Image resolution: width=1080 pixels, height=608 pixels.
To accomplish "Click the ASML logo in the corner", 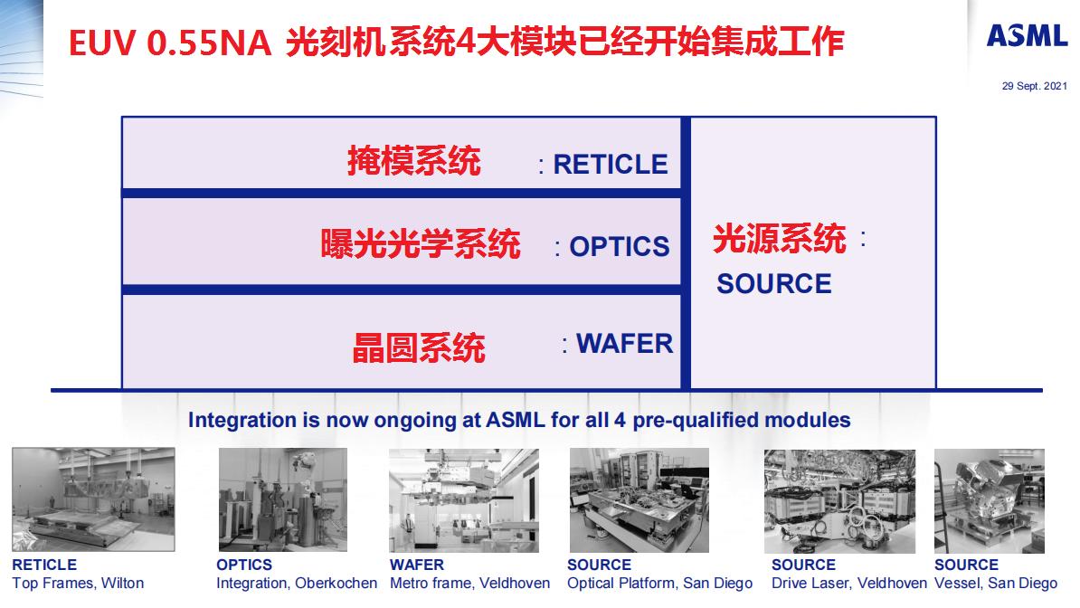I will pos(1027,35).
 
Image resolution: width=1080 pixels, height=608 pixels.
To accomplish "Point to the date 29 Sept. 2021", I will pos(1034,86).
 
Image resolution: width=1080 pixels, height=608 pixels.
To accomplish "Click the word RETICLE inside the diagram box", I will pos(611,164).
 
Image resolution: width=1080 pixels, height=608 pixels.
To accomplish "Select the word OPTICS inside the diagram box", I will pos(620,246).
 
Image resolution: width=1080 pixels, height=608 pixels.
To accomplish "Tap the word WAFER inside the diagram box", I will pos(625,344).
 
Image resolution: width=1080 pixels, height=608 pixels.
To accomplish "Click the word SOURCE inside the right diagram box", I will pos(774,284).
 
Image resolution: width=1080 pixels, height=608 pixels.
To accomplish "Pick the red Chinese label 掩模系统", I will pos(414,162).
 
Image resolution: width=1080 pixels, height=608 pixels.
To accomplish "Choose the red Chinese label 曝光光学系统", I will pos(421,244).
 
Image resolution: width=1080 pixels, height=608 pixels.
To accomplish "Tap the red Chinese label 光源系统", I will pos(780,239).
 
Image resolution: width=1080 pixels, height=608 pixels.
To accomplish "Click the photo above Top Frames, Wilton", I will pos(93,499).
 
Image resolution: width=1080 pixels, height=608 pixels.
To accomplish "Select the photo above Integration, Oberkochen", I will pos(282,499).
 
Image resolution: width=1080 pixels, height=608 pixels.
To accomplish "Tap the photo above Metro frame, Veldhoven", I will pos(464,499).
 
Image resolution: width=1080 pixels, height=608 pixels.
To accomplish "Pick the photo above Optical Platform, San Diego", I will pos(639,499).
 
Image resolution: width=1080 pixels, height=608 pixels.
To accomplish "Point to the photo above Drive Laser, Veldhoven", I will pos(840,499).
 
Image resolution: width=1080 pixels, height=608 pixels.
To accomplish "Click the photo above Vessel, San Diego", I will pos(989,499).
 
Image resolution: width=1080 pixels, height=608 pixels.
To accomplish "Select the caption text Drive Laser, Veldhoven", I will pos(849,584).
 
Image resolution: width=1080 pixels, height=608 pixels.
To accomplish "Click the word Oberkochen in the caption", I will pos(336,584).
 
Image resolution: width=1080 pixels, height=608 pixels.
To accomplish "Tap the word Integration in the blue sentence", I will pos(242,420).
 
